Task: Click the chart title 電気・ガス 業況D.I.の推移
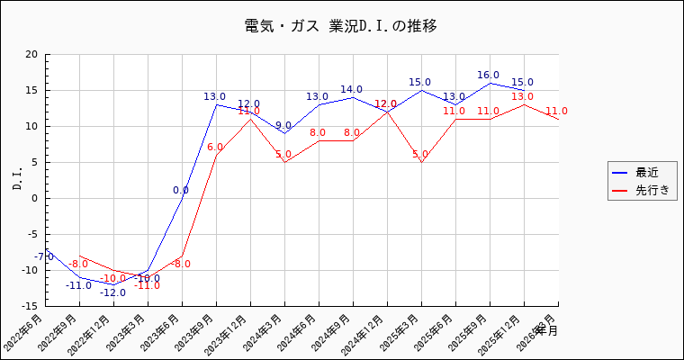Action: [341, 25]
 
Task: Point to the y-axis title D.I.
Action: [18, 179]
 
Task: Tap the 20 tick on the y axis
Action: [31, 54]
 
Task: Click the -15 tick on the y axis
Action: [30, 306]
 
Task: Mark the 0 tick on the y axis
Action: [34, 198]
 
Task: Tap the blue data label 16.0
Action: [488, 76]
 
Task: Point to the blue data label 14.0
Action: [351, 90]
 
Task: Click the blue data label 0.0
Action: [181, 191]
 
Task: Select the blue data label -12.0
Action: [112, 293]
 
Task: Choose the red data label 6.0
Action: [215, 148]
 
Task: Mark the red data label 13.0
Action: [522, 97]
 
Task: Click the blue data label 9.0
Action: [283, 126]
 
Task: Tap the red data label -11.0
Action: [147, 286]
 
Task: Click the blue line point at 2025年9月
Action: [490, 83]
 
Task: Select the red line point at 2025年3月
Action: [421, 162]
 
